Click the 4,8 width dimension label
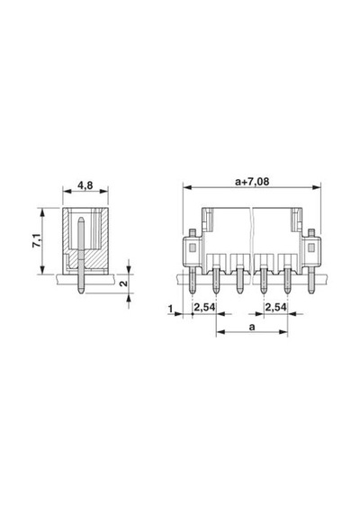(85, 185)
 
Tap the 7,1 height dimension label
(37, 240)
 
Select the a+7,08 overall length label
(252, 181)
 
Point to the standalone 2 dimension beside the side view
(123, 283)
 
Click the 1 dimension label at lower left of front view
(170, 308)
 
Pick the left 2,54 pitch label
(204, 308)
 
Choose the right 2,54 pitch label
(276, 308)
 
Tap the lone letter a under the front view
(252, 327)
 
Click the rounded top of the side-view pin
(81, 219)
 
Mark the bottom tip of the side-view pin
(81, 292)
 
